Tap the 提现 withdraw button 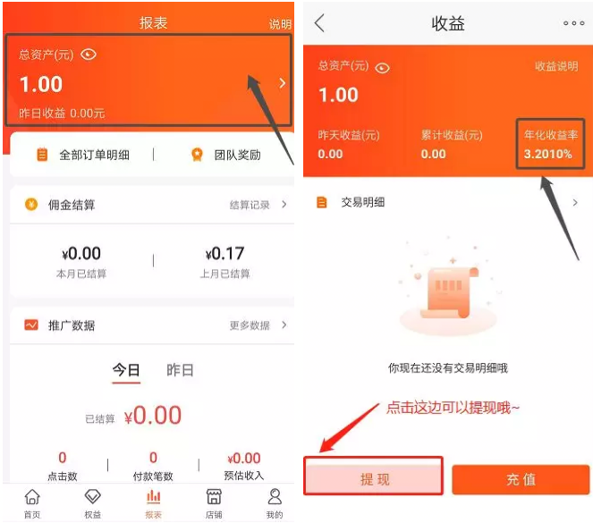tap(373, 477)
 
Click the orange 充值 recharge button tap(521, 479)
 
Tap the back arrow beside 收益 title tap(319, 23)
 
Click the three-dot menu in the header tap(573, 23)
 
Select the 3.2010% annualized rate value tap(547, 154)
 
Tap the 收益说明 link tap(556, 66)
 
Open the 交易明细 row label tap(362, 202)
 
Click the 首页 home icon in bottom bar tap(32, 496)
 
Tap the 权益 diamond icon tap(93, 496)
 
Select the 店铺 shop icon tap(214, 496)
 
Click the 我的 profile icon tap(275, 496)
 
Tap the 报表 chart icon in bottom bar tap(153, 496)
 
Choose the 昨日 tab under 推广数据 tap(180, 370)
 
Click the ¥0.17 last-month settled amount tap(225, 254)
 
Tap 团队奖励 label tap(238, 155)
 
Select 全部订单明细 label tap(94, 155)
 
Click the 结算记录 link tap(250, 205)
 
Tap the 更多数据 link tap(250, 325)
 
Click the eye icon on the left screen tap(89, 55)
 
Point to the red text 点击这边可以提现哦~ tap(453, 409)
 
